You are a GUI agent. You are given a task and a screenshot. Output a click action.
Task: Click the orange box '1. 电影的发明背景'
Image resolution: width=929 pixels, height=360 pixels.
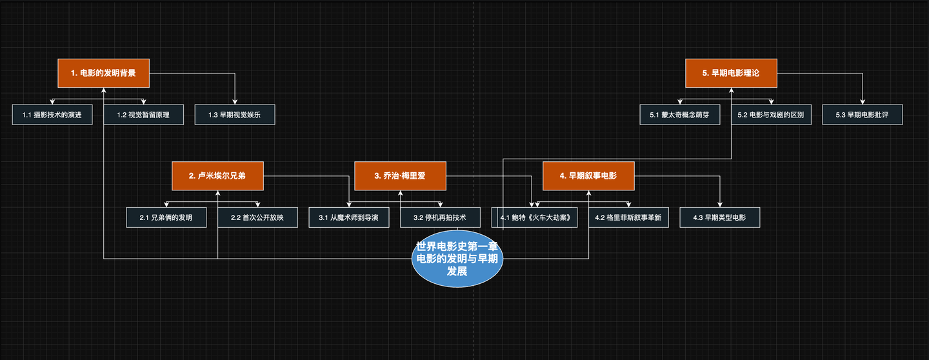click(x=104, y=74)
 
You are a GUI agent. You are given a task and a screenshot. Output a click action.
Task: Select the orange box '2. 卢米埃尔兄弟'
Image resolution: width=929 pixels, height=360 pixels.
click(x=217, y=176)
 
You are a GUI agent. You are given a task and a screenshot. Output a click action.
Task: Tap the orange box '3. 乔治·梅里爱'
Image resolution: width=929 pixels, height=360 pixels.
click(x=400, y=176)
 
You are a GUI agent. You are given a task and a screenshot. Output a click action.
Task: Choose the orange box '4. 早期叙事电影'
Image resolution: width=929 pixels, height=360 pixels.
click(x=588, y=176)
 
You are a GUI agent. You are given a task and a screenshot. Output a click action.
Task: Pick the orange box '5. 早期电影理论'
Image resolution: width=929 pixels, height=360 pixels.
click(x=731, y=74)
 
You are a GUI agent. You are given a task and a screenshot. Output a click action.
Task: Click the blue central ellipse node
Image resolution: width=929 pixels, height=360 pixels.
click(x=457, y=262)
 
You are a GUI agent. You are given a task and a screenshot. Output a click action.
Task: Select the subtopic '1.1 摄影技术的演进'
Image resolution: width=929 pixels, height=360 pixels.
click(x=52, y=115)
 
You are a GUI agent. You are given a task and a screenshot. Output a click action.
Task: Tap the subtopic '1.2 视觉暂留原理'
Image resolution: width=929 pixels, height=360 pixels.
click(x=143, y=115)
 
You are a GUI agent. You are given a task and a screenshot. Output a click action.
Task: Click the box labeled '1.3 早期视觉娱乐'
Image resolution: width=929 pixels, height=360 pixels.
click(x=235, y=115)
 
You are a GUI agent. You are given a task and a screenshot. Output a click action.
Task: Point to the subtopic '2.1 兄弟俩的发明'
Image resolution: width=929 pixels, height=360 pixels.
click(x=166, y=217)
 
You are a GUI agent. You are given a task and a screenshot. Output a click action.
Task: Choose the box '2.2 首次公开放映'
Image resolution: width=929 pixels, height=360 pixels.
click(x=257, y=217)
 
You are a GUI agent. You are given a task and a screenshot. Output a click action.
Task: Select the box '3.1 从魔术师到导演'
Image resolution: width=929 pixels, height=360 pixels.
click(x=349, y=217)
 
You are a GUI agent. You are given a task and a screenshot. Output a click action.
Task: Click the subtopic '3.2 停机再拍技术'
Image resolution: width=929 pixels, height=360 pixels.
click(x=440, y=217)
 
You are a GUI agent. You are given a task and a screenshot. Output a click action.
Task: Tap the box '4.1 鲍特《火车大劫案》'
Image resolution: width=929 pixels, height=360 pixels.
click(x=535, y=217)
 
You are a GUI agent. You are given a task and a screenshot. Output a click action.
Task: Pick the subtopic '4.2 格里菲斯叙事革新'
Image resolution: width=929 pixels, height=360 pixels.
click(x=628, y=217)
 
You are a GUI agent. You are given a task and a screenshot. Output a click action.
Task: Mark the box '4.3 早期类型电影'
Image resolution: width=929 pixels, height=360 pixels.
click(x=720, y=217)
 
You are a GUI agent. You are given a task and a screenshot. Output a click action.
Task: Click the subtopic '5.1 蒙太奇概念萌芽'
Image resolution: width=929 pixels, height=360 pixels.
click(x=680, y=115)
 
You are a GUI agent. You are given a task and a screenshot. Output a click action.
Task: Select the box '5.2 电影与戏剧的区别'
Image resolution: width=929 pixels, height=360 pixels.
click(x=771, y=115)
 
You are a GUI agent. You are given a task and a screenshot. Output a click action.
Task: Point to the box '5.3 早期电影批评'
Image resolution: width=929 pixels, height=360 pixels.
click(x=862, y=115)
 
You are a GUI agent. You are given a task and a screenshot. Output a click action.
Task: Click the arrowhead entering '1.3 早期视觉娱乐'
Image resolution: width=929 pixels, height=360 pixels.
click(x=235, y=102)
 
